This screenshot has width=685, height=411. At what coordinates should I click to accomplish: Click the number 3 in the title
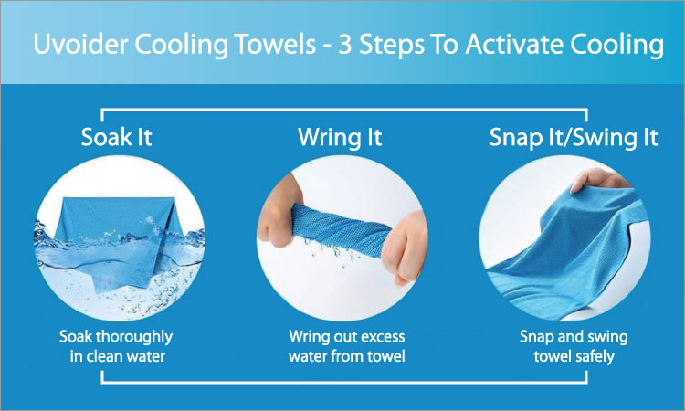(344, 44)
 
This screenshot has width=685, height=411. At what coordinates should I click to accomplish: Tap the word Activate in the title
(514, 44)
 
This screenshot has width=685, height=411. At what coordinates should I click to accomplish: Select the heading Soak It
(116, 137)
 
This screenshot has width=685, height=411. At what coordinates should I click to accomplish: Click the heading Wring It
(340, 138)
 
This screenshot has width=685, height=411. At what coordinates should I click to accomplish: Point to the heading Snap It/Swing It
(574, 138)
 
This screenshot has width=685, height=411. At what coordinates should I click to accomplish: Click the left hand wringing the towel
(279, 210)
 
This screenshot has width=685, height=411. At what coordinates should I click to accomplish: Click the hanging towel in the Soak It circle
(119, 240)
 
